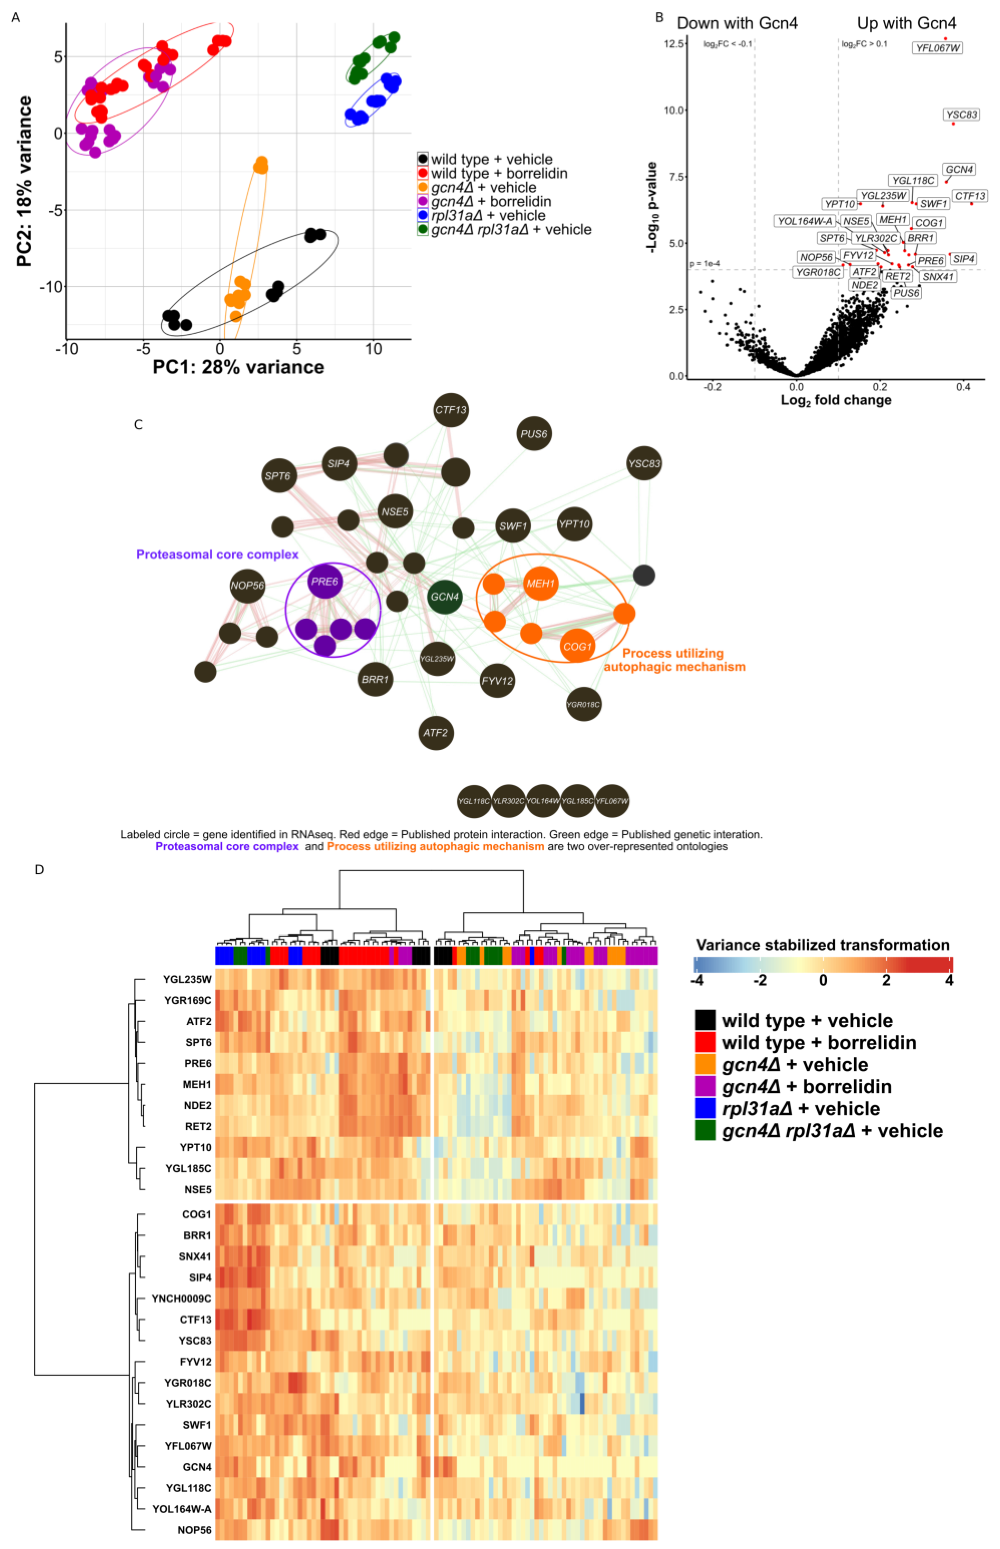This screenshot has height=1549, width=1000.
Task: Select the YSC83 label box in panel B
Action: pyautogui.click(x=961, y=115)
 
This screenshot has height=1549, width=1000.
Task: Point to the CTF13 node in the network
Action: pyautogui.click(x=451, y=410)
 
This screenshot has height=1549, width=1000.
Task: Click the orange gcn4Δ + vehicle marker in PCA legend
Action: pyautogui.click(x=423, y=187)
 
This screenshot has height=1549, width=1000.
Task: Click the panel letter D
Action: pyautogui.click(x=39, y=869)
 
